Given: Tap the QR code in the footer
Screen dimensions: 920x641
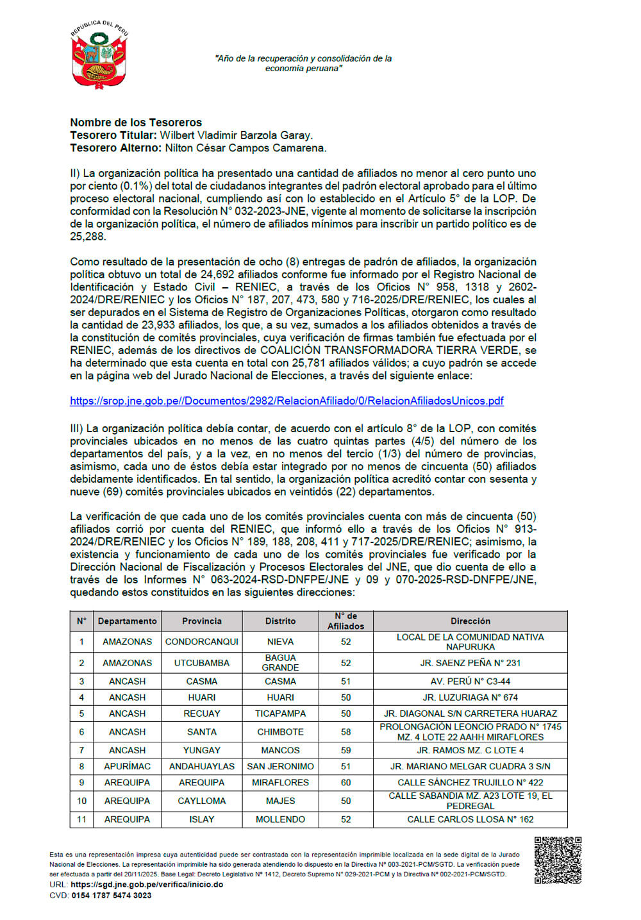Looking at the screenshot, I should tap(558, 860).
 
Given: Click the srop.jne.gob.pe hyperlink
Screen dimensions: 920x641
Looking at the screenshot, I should tap(287, 401).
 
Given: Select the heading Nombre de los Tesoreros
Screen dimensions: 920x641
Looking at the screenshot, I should tap(136, 122).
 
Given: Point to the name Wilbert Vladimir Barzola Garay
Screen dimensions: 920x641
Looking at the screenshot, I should tap(236, 135).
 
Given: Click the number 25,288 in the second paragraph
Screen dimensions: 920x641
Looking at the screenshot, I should tap(87, 237).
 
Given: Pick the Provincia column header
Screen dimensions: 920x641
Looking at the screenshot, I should tap(201, 621).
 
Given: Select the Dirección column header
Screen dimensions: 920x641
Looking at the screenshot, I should tap(470, 621).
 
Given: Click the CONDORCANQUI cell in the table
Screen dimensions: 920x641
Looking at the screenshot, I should tap(201, 642).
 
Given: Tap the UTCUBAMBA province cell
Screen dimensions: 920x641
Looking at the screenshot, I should tap(201, 663).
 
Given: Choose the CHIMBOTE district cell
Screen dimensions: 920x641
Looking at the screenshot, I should tap(280, 732).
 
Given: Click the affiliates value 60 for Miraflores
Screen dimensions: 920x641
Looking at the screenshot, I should tap(345, 782).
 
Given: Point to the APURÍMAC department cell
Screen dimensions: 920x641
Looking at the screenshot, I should tap(127, 766).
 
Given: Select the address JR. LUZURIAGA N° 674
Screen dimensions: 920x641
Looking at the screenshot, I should tap(470, 697).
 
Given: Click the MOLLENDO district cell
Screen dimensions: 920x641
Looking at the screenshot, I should tap(280, 819).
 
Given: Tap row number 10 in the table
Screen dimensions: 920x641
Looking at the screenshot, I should tap(81, 801).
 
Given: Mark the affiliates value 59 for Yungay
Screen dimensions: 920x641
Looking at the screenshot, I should tap(345, 750).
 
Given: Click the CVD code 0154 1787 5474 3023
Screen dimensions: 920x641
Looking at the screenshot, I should tap(112, 896).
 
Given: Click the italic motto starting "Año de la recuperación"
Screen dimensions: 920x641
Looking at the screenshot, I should tap(303, 63).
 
